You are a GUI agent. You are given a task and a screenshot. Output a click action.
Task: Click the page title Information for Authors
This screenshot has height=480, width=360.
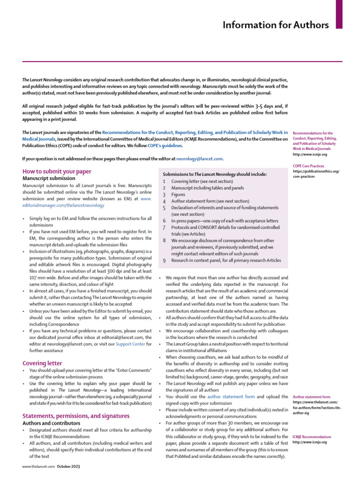[x=275, y=25]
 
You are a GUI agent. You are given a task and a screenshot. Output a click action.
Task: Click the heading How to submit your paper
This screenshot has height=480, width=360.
[x=57, y=172]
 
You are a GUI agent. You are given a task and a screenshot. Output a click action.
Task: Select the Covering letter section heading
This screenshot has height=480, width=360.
[x=43, y=363]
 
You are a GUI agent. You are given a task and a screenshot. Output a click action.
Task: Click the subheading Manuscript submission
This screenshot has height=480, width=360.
[x=49, y=179]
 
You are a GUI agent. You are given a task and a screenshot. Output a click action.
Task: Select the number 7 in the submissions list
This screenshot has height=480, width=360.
[x=164, y=227]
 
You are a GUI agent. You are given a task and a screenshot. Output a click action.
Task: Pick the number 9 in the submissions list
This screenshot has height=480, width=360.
[x=164, y=260]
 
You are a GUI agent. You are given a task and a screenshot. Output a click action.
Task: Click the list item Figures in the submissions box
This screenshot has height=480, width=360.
[x=179, y=194]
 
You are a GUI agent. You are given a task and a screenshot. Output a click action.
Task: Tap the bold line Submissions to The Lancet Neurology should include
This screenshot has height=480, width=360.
[x=214, y=174]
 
